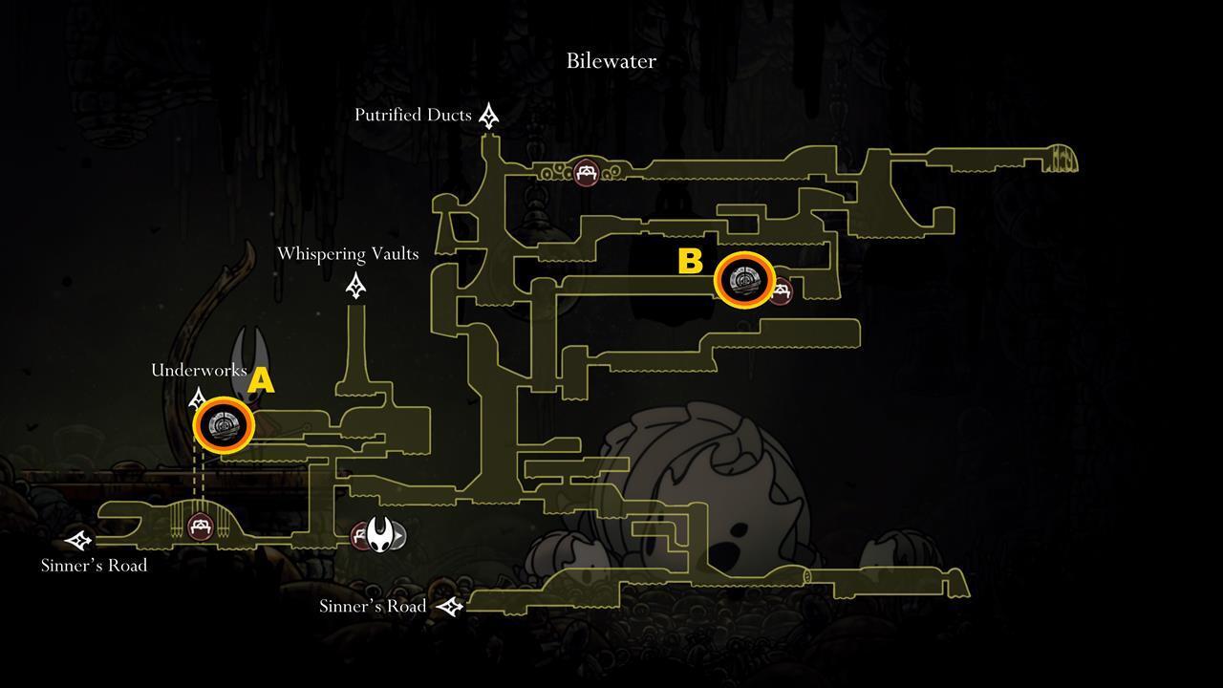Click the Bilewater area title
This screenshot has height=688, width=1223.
point(611,60)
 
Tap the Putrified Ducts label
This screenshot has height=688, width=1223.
point(413,115)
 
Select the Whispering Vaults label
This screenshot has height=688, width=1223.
point(348,254)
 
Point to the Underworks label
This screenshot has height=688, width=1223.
point(199,370)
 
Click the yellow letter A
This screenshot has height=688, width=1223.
point(261,380)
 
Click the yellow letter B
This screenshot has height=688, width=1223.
point(690,261)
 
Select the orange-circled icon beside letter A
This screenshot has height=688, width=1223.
point(224,425)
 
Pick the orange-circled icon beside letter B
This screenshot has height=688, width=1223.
point(744,280)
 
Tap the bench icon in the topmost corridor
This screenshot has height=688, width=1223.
point(586,173)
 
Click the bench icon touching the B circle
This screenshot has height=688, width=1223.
point(782,291)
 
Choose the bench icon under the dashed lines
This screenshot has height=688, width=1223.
point(201,527)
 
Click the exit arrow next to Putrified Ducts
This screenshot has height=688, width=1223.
point(488,116)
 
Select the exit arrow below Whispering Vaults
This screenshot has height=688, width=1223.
point(356,286)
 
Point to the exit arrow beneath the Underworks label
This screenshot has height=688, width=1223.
point(197,399)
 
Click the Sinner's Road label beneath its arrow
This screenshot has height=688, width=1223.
point(94,565)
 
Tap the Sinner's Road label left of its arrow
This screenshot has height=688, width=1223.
point(373,606)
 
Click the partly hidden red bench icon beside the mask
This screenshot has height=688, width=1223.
point(360,536)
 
